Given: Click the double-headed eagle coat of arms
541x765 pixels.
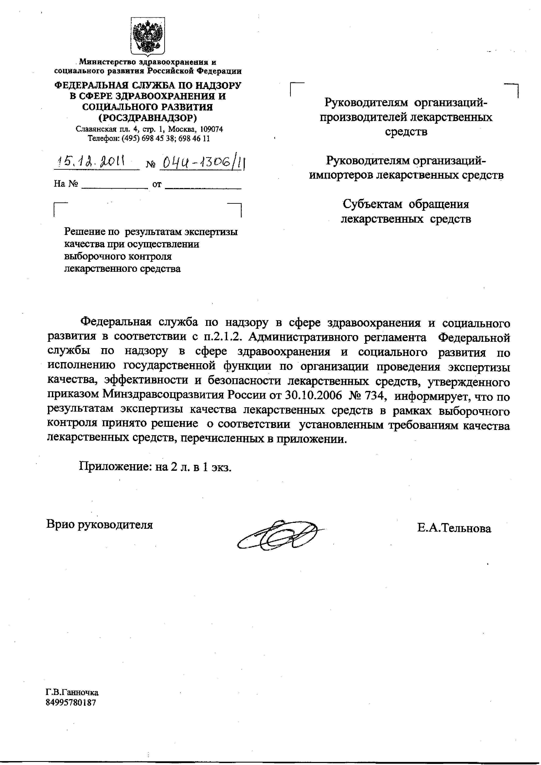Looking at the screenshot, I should click(148, 36).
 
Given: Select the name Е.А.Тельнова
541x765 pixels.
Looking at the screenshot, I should click(454, 529).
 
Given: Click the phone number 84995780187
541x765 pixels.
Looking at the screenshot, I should click(71, 703).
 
